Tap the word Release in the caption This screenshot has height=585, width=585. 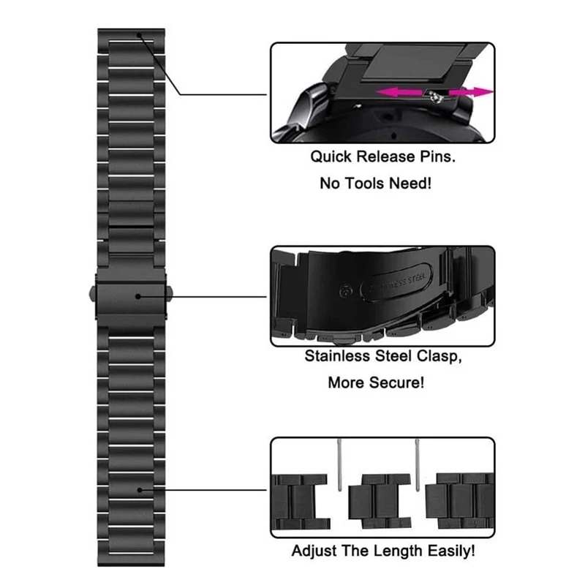[x=386, y=156]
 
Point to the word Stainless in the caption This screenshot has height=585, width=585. [x=337, y=356]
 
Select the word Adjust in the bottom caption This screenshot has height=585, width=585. [x=314, y=551]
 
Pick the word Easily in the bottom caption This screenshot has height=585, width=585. [x=451, y=551]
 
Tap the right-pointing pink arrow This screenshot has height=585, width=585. [x=471, y=92]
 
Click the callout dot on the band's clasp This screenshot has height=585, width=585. [x=138, y=296]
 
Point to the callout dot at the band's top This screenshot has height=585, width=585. [x=139, y=35]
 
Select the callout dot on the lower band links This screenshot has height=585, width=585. [x=140, y=490]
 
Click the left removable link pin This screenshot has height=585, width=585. [x=339, y=465]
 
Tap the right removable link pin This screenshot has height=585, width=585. [x=417, y=465]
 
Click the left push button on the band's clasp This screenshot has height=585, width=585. [x=93, y=294]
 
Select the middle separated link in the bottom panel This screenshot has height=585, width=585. [x=380, y=501]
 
